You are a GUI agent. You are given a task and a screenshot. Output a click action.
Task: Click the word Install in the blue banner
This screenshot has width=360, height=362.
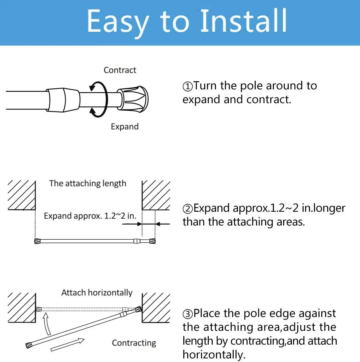tap(244, 20)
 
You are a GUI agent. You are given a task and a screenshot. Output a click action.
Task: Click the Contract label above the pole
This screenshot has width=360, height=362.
tap(120, 70)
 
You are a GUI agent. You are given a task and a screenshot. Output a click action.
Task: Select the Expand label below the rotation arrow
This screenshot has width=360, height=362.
tap(124, 127)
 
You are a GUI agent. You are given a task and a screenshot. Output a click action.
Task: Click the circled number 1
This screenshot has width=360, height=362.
tap(187, 87)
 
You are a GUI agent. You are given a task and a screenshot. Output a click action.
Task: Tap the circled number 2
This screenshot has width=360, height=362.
tap(187, 209)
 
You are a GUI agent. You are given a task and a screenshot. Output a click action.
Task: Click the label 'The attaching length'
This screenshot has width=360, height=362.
tap(88, 184)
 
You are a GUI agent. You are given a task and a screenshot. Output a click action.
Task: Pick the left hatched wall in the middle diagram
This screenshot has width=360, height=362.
tap(22, 195)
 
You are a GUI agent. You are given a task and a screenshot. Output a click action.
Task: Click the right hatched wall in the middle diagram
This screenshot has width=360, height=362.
tap(156, 195)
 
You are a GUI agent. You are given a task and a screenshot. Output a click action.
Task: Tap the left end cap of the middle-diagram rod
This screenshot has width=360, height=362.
tap(37, 241)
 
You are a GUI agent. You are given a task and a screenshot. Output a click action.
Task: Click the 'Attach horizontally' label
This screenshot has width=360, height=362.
tap(97, 293)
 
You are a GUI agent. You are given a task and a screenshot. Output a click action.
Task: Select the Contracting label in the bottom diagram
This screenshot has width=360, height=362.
tap(134, 343)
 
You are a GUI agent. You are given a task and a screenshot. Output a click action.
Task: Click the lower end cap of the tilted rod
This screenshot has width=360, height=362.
tap(29, 345)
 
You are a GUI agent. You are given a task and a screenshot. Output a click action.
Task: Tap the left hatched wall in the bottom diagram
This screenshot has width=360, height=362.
tap(22, 308)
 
